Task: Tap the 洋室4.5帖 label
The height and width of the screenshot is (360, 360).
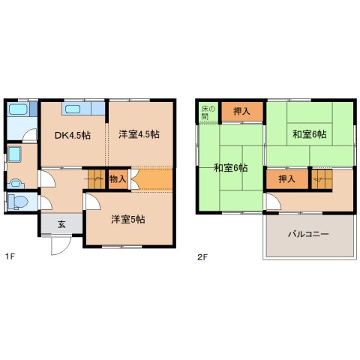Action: coord(139,135)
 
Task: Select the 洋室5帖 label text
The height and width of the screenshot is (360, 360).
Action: coord(128,219)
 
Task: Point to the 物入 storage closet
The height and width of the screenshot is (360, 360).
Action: coord(118,178)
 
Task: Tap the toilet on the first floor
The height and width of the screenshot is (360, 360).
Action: coord(17,202)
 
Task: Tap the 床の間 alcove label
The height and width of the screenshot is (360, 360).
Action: coord(206,112)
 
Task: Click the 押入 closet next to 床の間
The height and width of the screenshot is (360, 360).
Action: coord(241,112)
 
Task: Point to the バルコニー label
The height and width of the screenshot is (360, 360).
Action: coord(308,235)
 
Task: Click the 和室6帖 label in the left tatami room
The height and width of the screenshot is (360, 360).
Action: coord(230,167)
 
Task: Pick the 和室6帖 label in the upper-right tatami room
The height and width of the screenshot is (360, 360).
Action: coord(309,134)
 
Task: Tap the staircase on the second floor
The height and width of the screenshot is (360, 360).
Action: coord(321,179)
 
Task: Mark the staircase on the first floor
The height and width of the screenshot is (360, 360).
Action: coord(95,178)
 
